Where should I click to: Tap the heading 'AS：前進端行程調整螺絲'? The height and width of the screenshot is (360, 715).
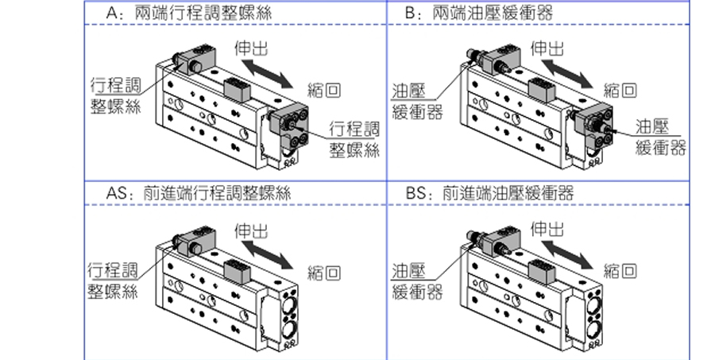tap(199, 193)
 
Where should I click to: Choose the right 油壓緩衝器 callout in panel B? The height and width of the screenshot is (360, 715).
tap(660, 137)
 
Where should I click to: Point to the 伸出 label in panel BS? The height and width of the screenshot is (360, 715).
tap(550, 230)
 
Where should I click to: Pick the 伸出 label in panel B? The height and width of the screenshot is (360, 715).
tap(550, 48)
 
